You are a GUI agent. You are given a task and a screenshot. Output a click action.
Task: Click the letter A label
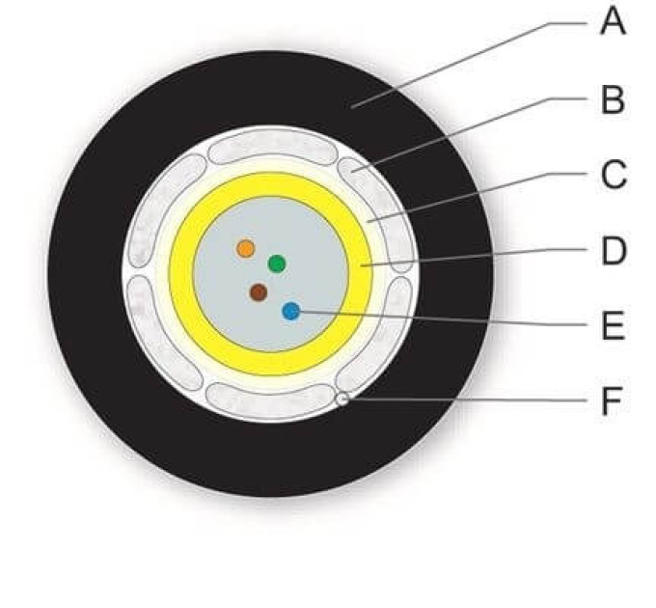point(613,22)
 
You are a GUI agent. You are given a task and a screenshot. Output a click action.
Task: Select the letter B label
point(613,99)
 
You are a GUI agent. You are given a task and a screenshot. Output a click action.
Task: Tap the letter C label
point(614,175)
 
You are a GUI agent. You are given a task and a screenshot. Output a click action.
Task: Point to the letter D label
point(614,250)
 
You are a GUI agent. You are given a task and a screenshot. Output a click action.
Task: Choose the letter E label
point(613,325)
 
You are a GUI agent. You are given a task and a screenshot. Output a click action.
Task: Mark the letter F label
point(612,401)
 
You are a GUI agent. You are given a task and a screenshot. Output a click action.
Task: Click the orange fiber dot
point(246,249)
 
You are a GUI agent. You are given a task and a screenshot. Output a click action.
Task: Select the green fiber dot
point(277,263)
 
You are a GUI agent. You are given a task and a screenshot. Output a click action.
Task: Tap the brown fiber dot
point(259,292)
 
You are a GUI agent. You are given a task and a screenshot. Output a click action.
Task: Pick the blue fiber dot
point(291,311)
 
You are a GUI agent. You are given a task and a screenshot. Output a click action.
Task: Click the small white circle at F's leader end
point(342,400)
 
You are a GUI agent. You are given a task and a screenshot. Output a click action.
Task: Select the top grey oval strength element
point(273,147)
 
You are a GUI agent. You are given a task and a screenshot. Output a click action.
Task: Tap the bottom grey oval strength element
point(271,401)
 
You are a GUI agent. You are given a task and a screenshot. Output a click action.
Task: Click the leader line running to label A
point(469,66)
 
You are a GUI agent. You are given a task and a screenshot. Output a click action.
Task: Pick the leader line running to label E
point(444,318)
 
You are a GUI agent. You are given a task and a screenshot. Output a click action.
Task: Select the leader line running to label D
point(475,258)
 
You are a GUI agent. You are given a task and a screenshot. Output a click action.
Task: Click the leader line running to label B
point(470,135)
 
